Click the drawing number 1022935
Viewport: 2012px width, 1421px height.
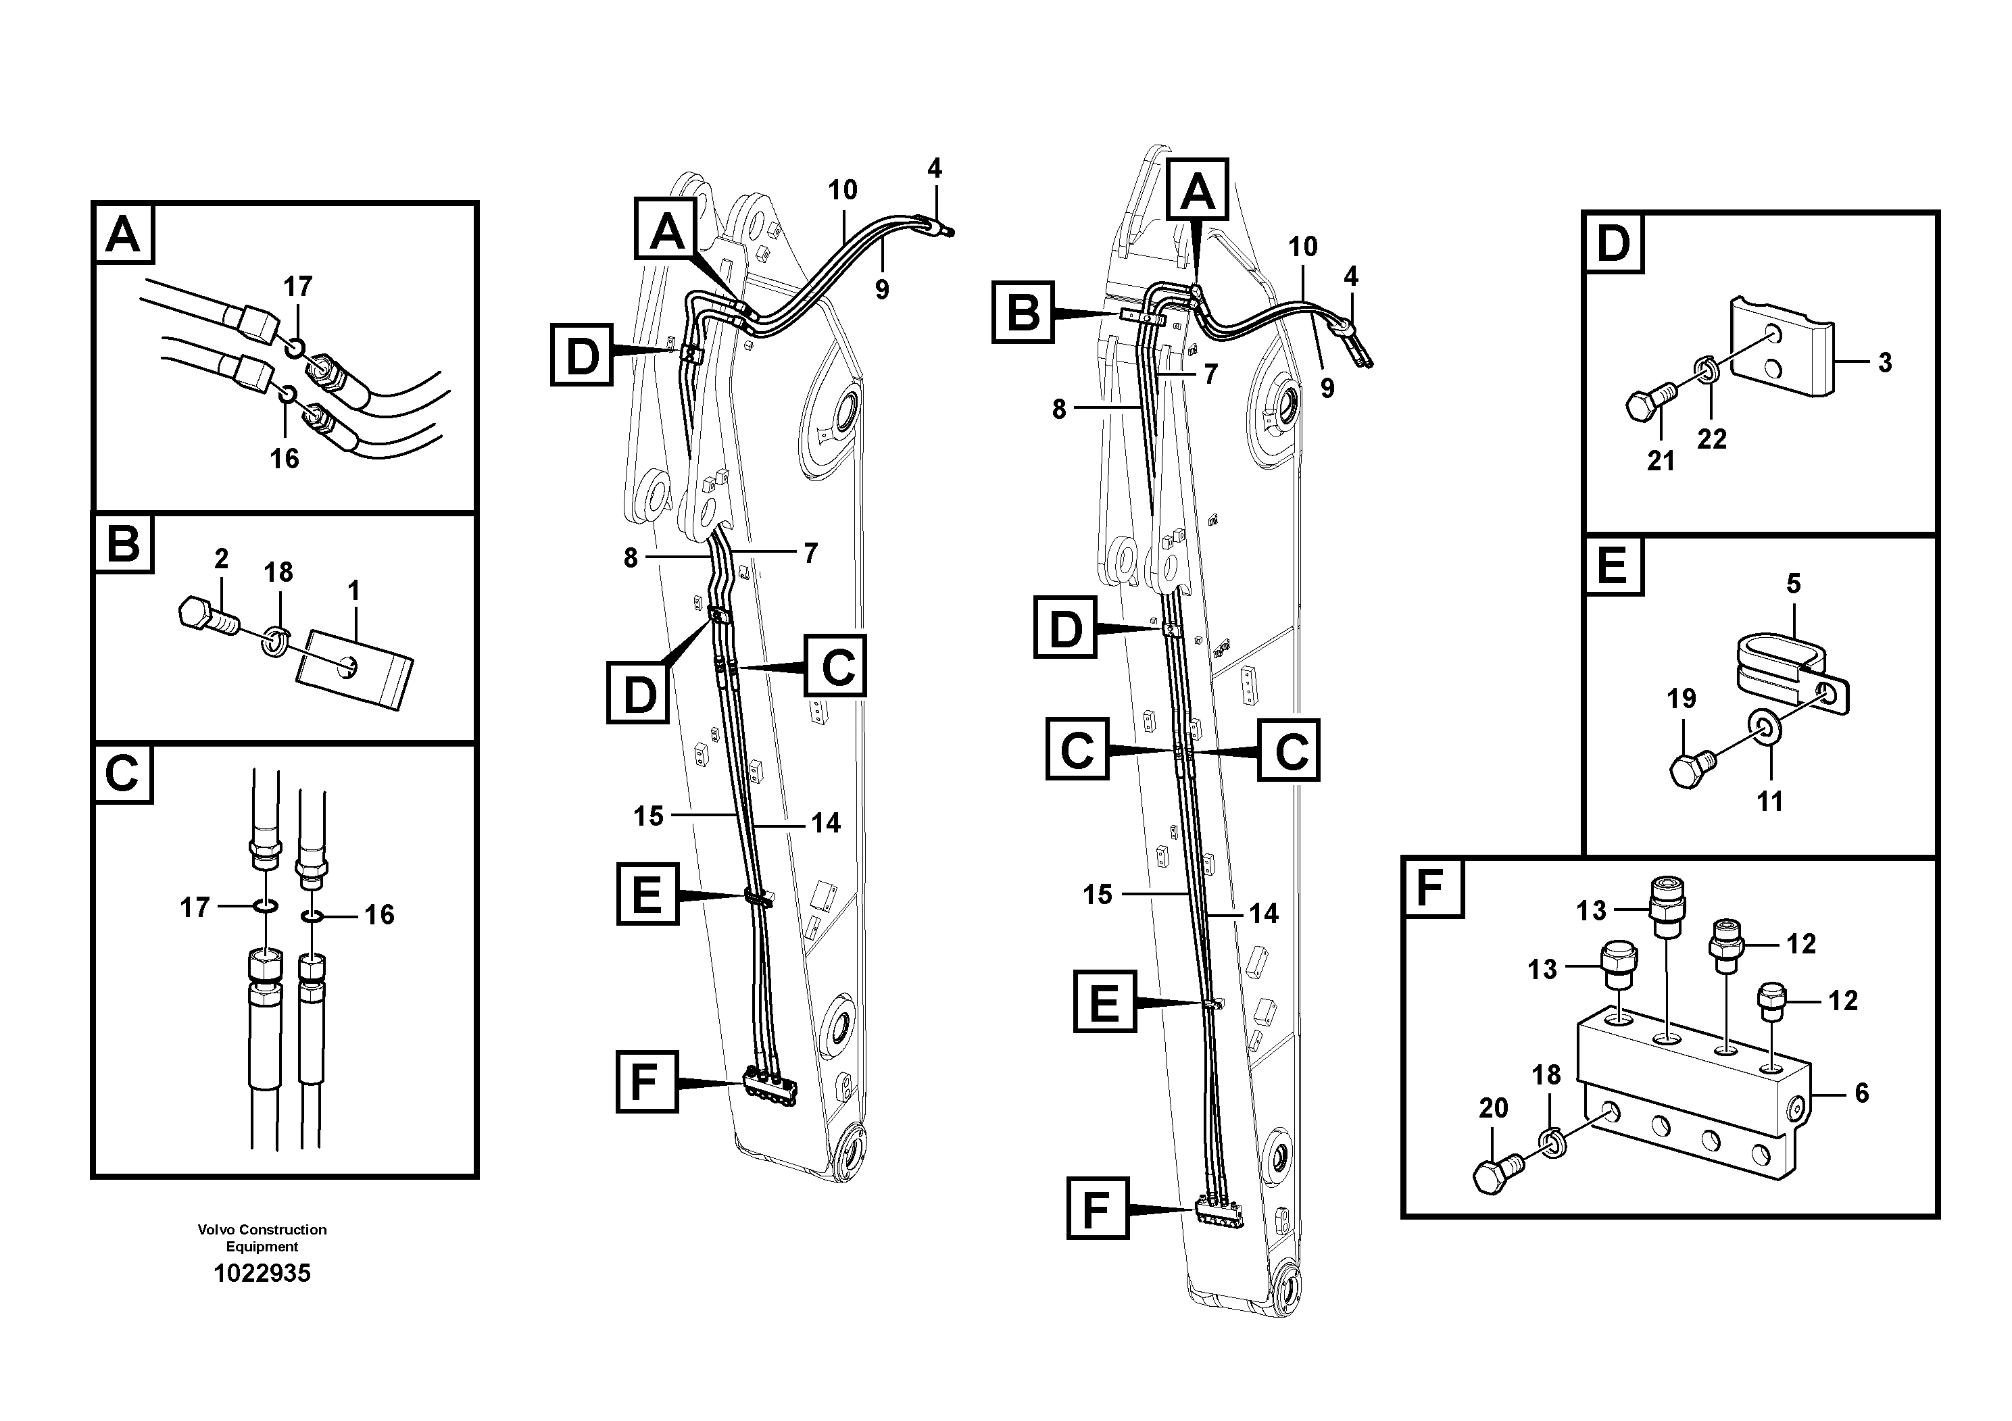coord(262,1274)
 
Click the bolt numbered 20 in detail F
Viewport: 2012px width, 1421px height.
coord(1498,1173)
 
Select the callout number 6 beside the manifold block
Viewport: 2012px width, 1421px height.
coord(1862,1093)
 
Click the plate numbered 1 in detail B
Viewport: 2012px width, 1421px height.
coord(355,670)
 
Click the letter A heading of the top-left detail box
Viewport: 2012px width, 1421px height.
coord(123,234)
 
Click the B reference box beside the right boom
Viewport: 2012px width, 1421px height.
coord(1022,313)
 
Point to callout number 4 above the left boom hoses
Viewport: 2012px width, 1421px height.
coord(934,168)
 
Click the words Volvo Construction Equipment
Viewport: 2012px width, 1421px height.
coord(262,1238)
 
